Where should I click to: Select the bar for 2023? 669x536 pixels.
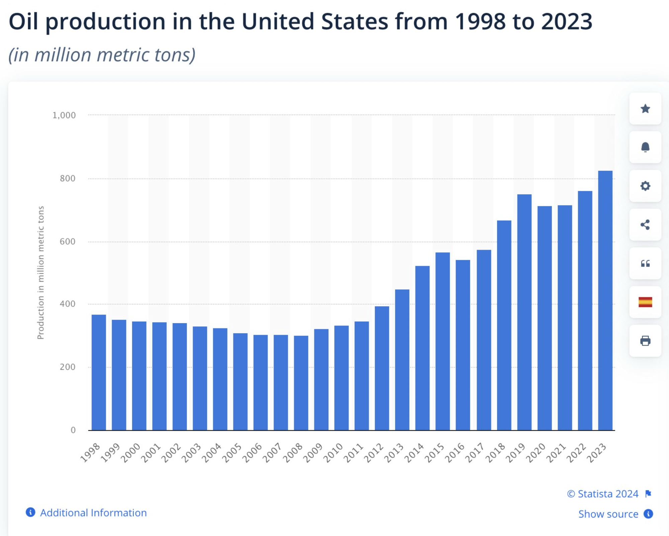[605, 301]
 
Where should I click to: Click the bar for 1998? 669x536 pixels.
[99, 372]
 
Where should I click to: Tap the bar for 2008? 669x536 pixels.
[301, 383]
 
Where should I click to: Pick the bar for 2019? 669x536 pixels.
[524, 312]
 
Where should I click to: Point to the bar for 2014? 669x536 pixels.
[422, 348]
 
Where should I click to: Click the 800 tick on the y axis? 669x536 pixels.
[68, 178]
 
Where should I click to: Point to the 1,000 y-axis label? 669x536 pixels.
[64, 115]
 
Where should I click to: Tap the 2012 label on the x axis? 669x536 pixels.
[374, 453]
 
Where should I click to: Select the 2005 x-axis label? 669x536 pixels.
[232, 453]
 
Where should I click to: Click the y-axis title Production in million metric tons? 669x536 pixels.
[40, 272]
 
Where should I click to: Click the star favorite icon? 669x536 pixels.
[645, 109]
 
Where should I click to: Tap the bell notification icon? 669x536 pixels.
[645, 147]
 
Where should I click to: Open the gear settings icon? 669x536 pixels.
[645, 186]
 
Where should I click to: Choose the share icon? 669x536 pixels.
[645, 225]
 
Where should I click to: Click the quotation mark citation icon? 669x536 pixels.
[645, 263]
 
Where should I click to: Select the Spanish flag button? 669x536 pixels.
[645, 302]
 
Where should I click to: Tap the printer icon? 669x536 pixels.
[645, 341]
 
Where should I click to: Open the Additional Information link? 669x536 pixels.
[93, 513]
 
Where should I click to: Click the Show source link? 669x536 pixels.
[608, 514]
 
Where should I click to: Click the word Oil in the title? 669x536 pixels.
[23, 22]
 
